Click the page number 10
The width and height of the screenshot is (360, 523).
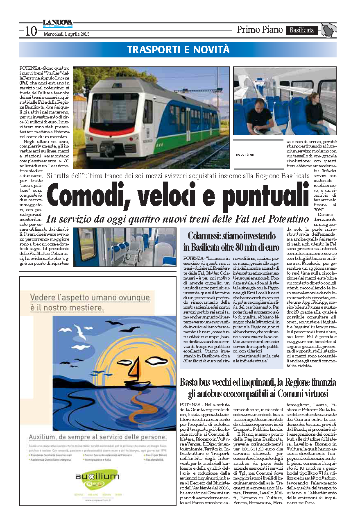coord(31,31)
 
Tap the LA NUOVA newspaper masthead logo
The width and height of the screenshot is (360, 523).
coord(57,24)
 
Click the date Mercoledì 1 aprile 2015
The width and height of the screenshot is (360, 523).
coord(66,34)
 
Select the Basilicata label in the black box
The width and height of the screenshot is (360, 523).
coord(302,30)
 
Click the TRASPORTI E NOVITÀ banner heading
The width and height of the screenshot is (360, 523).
coord(178,50)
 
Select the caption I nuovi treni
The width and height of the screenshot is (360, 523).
coord(244,154)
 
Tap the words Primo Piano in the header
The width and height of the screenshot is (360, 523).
coord(260,30)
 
